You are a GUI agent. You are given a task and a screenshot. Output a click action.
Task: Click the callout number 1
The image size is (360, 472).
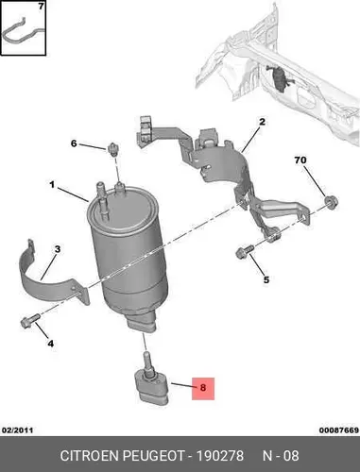pyautogui.click(x=52, y=185)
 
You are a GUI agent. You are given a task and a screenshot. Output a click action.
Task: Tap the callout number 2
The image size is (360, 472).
pyautogui.click(x=262, y=122)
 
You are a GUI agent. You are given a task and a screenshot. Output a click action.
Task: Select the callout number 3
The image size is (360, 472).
pyautogui.click(x=58, y=249)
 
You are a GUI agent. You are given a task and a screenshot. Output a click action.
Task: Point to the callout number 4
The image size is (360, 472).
pyautogui.click(x=51, y=344)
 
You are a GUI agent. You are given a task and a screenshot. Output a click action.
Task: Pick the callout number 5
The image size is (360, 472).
pyautogui.click(x=266, y=279)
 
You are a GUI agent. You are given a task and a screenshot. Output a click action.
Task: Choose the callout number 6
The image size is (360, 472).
pyautogui.click(x=74, y=143)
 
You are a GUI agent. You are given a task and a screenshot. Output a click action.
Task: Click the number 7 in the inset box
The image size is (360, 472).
pyautogui.click(x=41, y=6)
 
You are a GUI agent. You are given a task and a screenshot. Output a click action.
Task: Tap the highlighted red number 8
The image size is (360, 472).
pyautogui.click(x=203, y=388)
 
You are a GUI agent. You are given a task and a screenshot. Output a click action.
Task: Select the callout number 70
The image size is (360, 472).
pyautogui.click(x=300, y=160)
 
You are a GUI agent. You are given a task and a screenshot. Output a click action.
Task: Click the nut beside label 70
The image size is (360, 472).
pyautogui.click(x=331, y=201)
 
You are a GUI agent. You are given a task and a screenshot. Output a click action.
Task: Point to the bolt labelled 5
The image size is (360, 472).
pyautogui.click(x=245, y=252)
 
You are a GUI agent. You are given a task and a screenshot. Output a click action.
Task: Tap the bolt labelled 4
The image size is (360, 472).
pyautogui.click(x=30, y=320)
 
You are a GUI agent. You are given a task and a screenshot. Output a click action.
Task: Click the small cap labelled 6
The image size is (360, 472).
pyautogui.click(x=112, y=148)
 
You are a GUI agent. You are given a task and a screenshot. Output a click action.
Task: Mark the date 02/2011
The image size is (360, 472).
pyautogui.click(x=18, y=430)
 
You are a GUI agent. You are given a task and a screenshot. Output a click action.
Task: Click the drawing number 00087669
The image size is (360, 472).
pyautogui.click(x=339, y=430)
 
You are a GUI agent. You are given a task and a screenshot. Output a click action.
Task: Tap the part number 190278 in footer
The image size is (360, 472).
pyautogui.click(x=220, y=456)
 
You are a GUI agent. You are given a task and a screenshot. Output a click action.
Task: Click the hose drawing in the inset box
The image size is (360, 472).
pyautogui.click(x=23, y=31)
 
